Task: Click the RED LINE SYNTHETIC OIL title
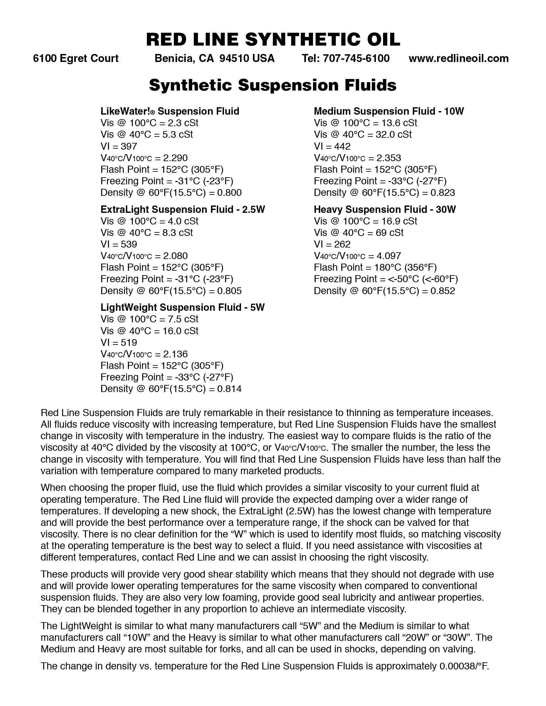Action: click(x=273, y=39)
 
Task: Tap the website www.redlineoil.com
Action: click(x=458, y=58)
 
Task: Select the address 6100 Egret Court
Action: click(x=76, y=58)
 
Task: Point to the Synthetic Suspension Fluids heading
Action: click(x=273, y=85)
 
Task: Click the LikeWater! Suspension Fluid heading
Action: click(x=170, y=111)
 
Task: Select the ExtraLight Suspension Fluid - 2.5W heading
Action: click(x=183, y=209)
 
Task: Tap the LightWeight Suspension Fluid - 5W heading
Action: click(x=183, y=308)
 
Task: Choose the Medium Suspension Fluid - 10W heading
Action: click(x=389, y=111)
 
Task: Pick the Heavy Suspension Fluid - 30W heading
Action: click(x=384, y=209)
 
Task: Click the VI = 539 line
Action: click(x=119, y=244)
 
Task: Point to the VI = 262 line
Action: click(x=332, y=244)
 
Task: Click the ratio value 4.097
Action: click(x=389, y=256)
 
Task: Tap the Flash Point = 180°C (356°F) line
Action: click(x=375, y=268)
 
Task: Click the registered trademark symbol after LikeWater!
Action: click(x=152, y=112)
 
